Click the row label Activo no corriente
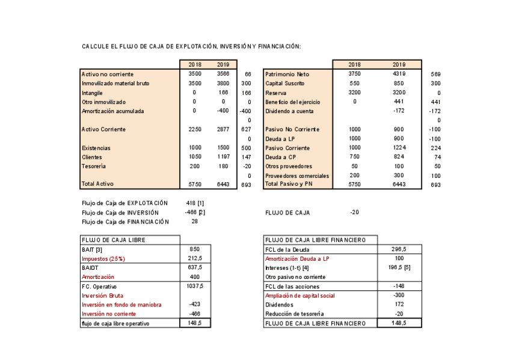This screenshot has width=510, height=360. coord(107,74)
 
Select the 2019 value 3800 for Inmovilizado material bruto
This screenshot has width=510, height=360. coord(223,83)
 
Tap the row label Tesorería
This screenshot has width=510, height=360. coord(94,166)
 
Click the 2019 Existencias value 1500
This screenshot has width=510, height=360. coord(223,148)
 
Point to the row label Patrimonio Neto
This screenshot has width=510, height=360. coord(287,74)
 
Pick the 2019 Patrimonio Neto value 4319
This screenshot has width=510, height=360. coord(399,73)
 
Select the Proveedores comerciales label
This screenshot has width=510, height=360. coord(297,175)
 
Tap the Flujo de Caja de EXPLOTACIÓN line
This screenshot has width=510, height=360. coord(124,203)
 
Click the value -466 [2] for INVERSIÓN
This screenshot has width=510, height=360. coord(195,212)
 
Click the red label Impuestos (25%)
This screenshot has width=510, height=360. coord(103,258)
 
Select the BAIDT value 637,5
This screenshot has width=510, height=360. coord(195,267)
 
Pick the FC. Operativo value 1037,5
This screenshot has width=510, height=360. coord(195,286)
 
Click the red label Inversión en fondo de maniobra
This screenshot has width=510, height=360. coord(121,305)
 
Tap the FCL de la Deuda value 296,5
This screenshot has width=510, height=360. coord(399,249)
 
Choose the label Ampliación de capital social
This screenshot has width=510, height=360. coord(300,295)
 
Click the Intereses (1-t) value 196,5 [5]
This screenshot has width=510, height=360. coord(399,267)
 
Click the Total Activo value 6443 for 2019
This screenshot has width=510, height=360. coord(223,185)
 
